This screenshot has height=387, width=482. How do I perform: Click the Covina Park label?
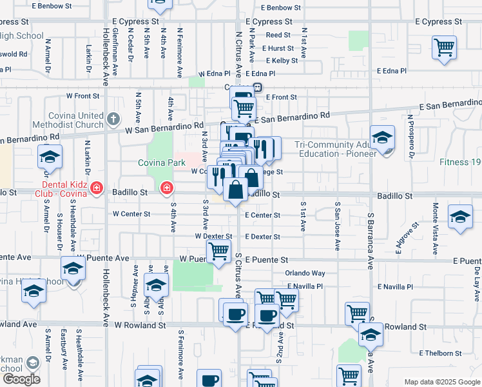point(162,163)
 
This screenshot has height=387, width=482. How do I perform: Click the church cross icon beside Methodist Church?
point(113,118)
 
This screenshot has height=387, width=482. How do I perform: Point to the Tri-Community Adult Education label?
point(336,149)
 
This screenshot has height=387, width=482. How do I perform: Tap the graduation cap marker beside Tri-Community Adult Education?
point(382,137)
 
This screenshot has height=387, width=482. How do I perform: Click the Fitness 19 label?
point(461,162)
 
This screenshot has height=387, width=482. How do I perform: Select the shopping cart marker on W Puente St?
point(218,252)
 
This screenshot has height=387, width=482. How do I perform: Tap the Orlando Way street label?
point(306,273)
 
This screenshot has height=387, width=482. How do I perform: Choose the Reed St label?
point(278,35)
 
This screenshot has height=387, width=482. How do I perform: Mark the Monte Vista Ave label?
point(435,221)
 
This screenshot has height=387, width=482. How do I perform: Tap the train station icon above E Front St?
point(257,87)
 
